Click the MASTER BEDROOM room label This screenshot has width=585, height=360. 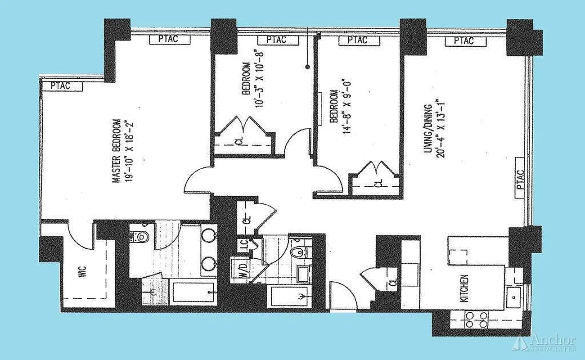point(117,151)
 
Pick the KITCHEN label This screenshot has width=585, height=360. point(465,288)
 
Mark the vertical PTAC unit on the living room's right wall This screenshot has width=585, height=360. point(520,178)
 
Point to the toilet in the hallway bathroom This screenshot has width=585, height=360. point(297,252)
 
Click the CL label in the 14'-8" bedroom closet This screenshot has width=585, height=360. point(378,184)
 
